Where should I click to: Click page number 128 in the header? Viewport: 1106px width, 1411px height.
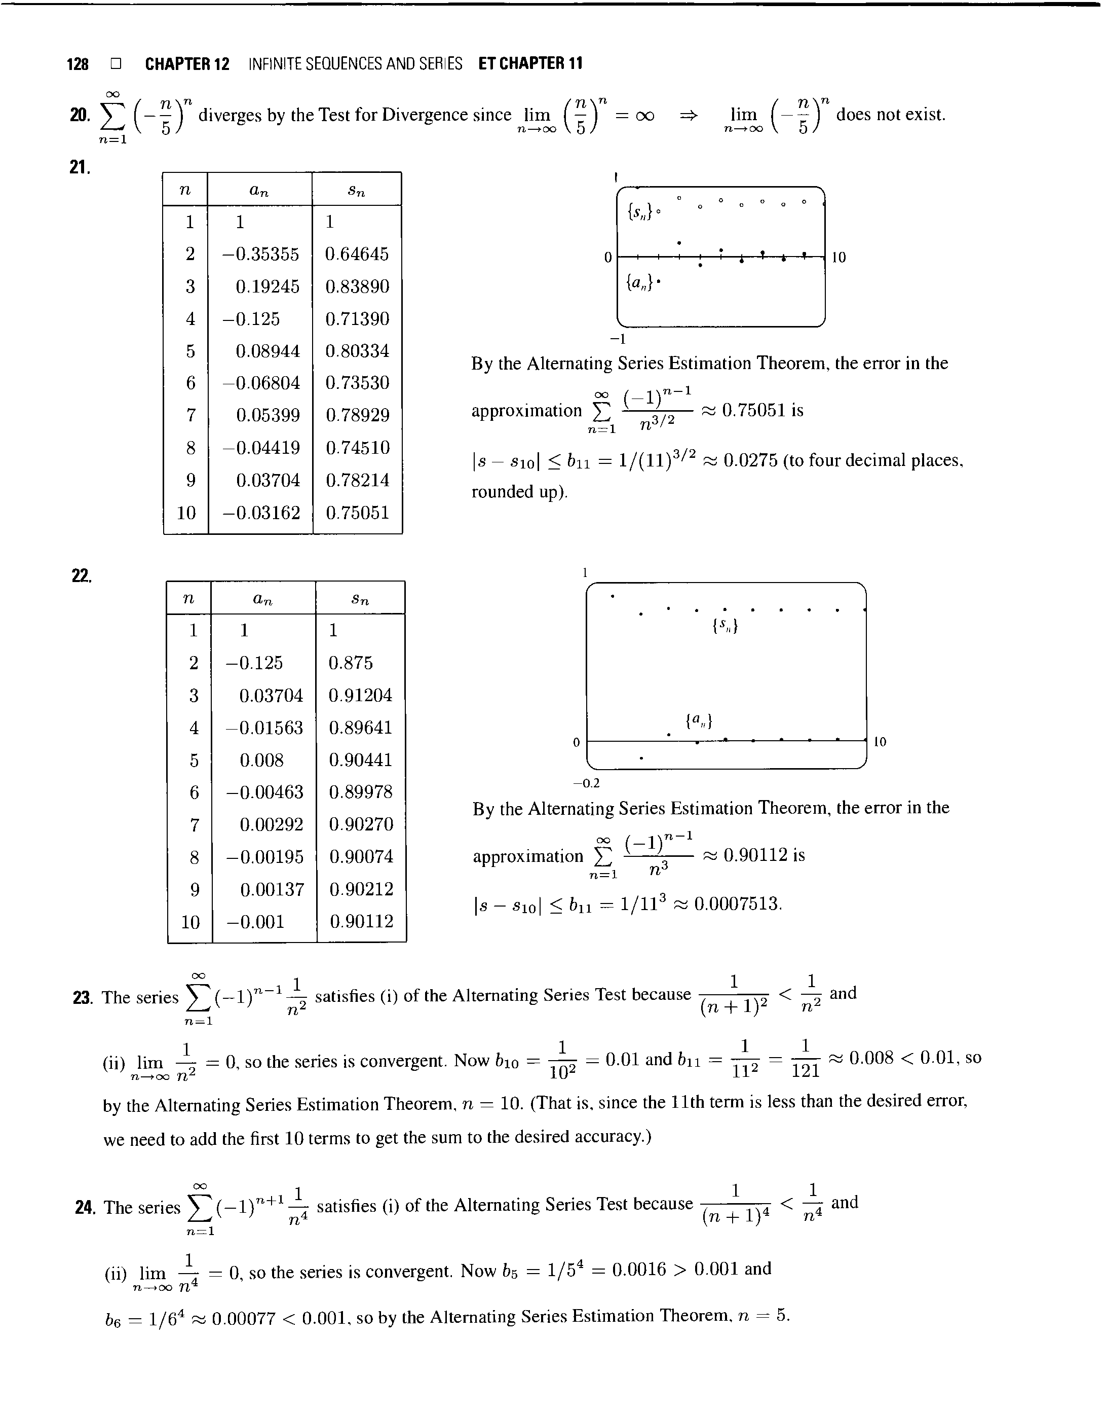click(78, 63)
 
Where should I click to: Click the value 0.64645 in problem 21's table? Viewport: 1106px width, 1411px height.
click(357, 254)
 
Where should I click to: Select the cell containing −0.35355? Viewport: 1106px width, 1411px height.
click(260, 254)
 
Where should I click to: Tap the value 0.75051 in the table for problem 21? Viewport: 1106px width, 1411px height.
click(357, 513)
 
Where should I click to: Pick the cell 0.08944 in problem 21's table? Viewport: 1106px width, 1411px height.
click(268, 351)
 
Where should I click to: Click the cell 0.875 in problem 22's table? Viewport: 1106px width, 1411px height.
click(350, 663)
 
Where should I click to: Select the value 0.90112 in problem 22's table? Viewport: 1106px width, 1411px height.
click(361, 921)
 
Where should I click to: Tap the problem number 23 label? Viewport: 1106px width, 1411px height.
click(82, 998)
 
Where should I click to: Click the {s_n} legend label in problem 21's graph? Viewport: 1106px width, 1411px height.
click(640, 211)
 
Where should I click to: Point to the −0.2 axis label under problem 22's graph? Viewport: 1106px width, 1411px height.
click(586, 783)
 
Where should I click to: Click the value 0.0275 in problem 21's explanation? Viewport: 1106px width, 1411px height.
click(750, 460)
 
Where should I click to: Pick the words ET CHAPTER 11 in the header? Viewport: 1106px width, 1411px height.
click(530, 63)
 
